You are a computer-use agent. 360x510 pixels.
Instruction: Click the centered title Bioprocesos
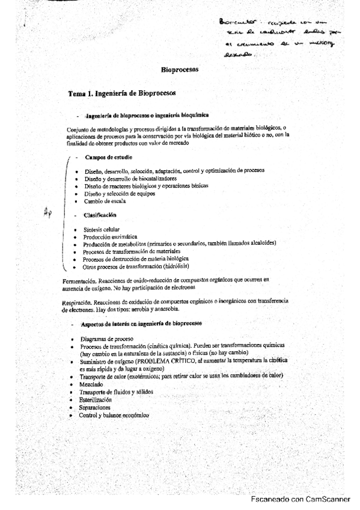[x=180, y=70]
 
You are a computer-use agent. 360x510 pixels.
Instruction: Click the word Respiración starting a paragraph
[x=77, y=302]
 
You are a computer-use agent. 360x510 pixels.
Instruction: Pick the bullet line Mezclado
[x=91, y=383]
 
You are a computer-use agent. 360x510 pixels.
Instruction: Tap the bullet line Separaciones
[x=95, y=407]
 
